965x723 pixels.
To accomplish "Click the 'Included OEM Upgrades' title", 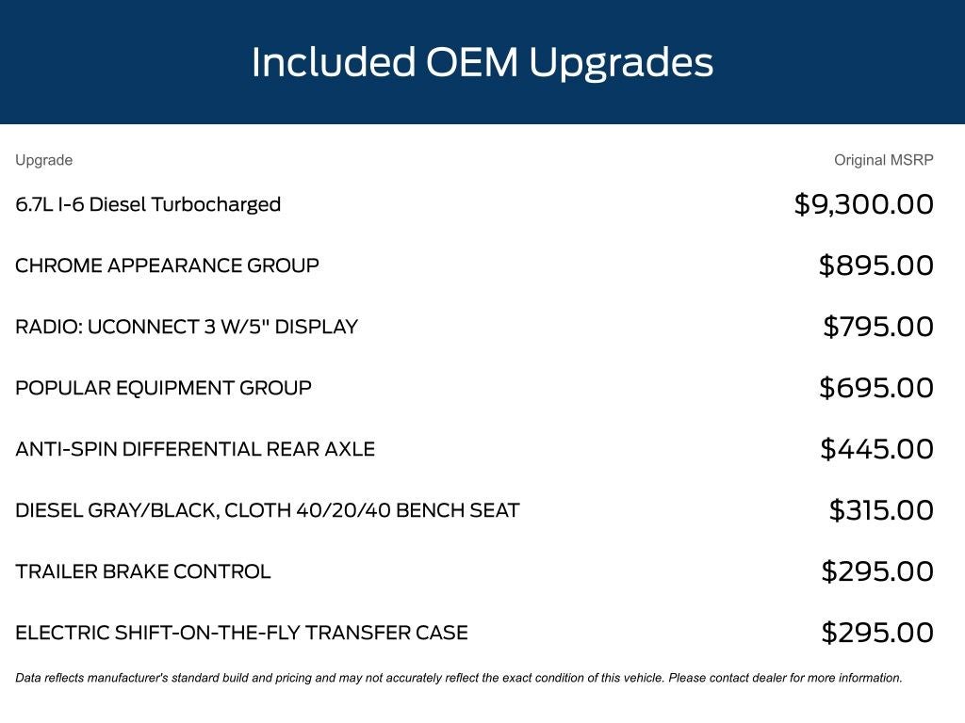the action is click(x=482, y=63).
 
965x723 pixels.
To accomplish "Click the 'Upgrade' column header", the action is click(x=43, y=160).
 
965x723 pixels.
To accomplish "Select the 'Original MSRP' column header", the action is click(x=884, y=160).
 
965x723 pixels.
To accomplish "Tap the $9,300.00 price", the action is click(x=863, y=204).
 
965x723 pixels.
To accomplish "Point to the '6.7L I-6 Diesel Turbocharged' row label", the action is click(x=148, y=204).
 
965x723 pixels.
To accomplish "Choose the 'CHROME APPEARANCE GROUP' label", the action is click(x=167, y=265).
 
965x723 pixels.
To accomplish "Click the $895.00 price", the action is click(x=875, y=265).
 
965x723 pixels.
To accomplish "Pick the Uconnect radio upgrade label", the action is click(x=187, y=327).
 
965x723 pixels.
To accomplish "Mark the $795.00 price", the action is click(x=878, y=327).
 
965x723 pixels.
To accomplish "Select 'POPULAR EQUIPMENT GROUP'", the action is click(x=163, y=388).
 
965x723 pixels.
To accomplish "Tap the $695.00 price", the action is click(x=876, y=388).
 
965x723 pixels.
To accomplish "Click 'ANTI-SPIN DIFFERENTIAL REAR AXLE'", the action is click(x=195, y=449).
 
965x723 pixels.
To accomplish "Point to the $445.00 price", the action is click(x=877, y=449).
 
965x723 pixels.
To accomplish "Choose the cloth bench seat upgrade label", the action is click(x=268, y=510).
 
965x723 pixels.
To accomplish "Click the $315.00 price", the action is click(x=881, y=510).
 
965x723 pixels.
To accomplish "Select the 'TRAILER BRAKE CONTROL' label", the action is click(x=143, y=571).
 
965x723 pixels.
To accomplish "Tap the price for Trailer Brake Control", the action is click(x=877, y=571).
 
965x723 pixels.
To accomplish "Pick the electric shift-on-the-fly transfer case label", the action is click(x=242, y=633).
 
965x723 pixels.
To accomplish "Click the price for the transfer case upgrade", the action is click(x=877, y=633).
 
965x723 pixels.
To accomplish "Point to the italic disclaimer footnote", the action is click(x=459, y=678).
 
